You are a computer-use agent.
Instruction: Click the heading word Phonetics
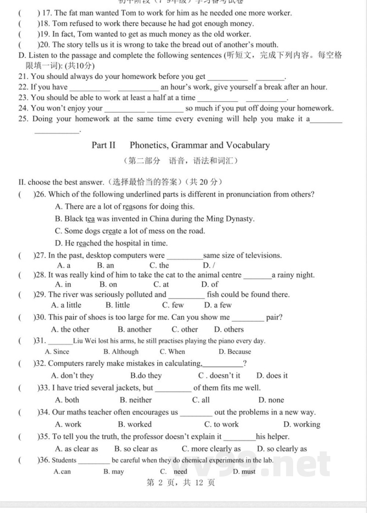tap(149, 145)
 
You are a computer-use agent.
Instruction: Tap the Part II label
tap(103, 145)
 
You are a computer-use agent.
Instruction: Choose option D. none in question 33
tap(271, 400)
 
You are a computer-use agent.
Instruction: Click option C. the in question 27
tap(159, 265)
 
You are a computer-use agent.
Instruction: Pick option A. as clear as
tap(76, 449)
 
